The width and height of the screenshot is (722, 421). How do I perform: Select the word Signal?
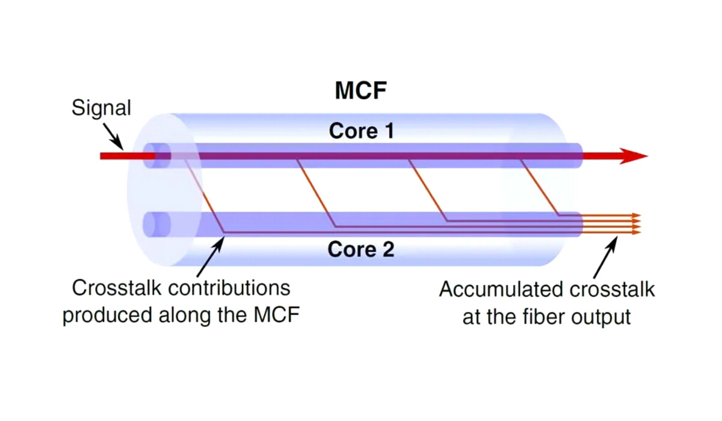tap(101, 109)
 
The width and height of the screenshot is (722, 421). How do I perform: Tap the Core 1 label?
tap(361, 131)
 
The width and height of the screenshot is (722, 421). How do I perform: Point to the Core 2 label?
tap(361, 249)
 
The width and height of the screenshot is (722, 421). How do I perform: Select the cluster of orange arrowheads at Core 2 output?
tap(635, 223)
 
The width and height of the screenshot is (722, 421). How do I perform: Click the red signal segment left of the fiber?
tap(120, 156)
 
